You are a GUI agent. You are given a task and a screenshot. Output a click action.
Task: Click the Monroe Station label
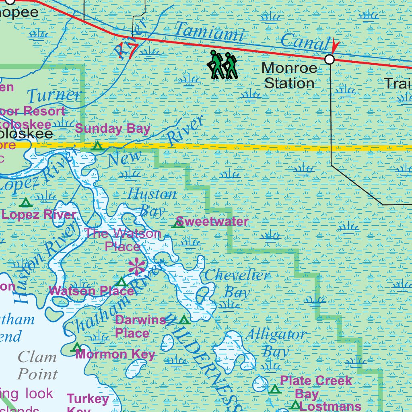[x=289, y=76]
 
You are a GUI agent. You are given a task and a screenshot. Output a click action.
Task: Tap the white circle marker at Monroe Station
[x=330, y=60]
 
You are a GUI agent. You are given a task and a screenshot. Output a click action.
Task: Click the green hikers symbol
[x=222, y=65]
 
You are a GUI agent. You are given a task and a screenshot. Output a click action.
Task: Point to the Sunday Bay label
[x=113, y=129]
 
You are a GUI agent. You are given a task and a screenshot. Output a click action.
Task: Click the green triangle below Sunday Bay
[x=97, y=146]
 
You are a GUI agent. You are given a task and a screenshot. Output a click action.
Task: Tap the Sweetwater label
[x=212, y=222]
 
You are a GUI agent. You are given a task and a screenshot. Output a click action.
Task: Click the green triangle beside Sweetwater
[x=178, y=223]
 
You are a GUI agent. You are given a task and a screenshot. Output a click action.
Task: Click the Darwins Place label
[x=140, y=326]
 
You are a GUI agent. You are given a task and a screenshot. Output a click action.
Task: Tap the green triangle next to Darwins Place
[x=184, y=320]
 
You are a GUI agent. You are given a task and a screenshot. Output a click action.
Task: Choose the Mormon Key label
[x=115, y=354]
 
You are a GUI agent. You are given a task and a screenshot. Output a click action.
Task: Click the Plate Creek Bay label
[x=315, y=387]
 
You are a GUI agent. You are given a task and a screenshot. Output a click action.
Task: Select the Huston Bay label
[x=152, y=202]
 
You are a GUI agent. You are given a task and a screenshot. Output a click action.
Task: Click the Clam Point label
[x=37, y=365]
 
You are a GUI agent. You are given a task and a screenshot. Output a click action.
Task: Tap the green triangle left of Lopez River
[x=25, y=202]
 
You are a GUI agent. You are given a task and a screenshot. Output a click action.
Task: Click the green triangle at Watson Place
[x=122, y=282]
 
